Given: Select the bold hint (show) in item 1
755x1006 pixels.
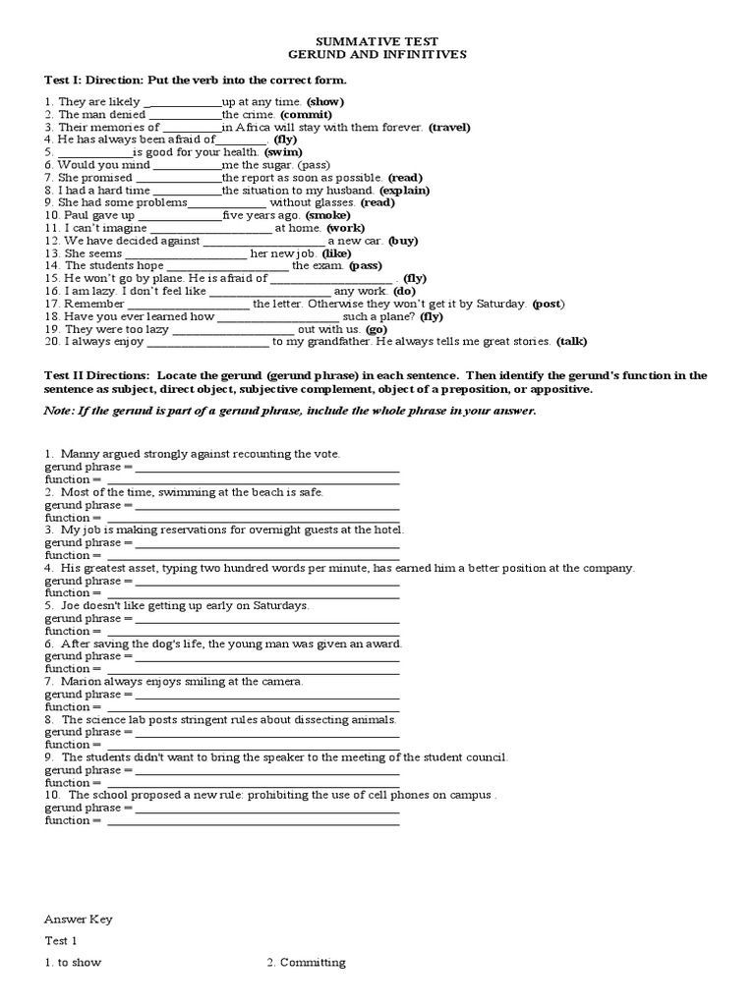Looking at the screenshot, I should (x=325, y=102).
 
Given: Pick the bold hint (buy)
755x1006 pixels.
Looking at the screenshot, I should (x=403, y=241).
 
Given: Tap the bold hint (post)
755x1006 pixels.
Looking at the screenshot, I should (x=549, y=304).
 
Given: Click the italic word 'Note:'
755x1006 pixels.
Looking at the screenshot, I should (x=60, y=412).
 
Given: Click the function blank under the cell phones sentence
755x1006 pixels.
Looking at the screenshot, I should (x=253, y=820).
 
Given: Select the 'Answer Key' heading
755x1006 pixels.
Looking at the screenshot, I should (x=79, y=920).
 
